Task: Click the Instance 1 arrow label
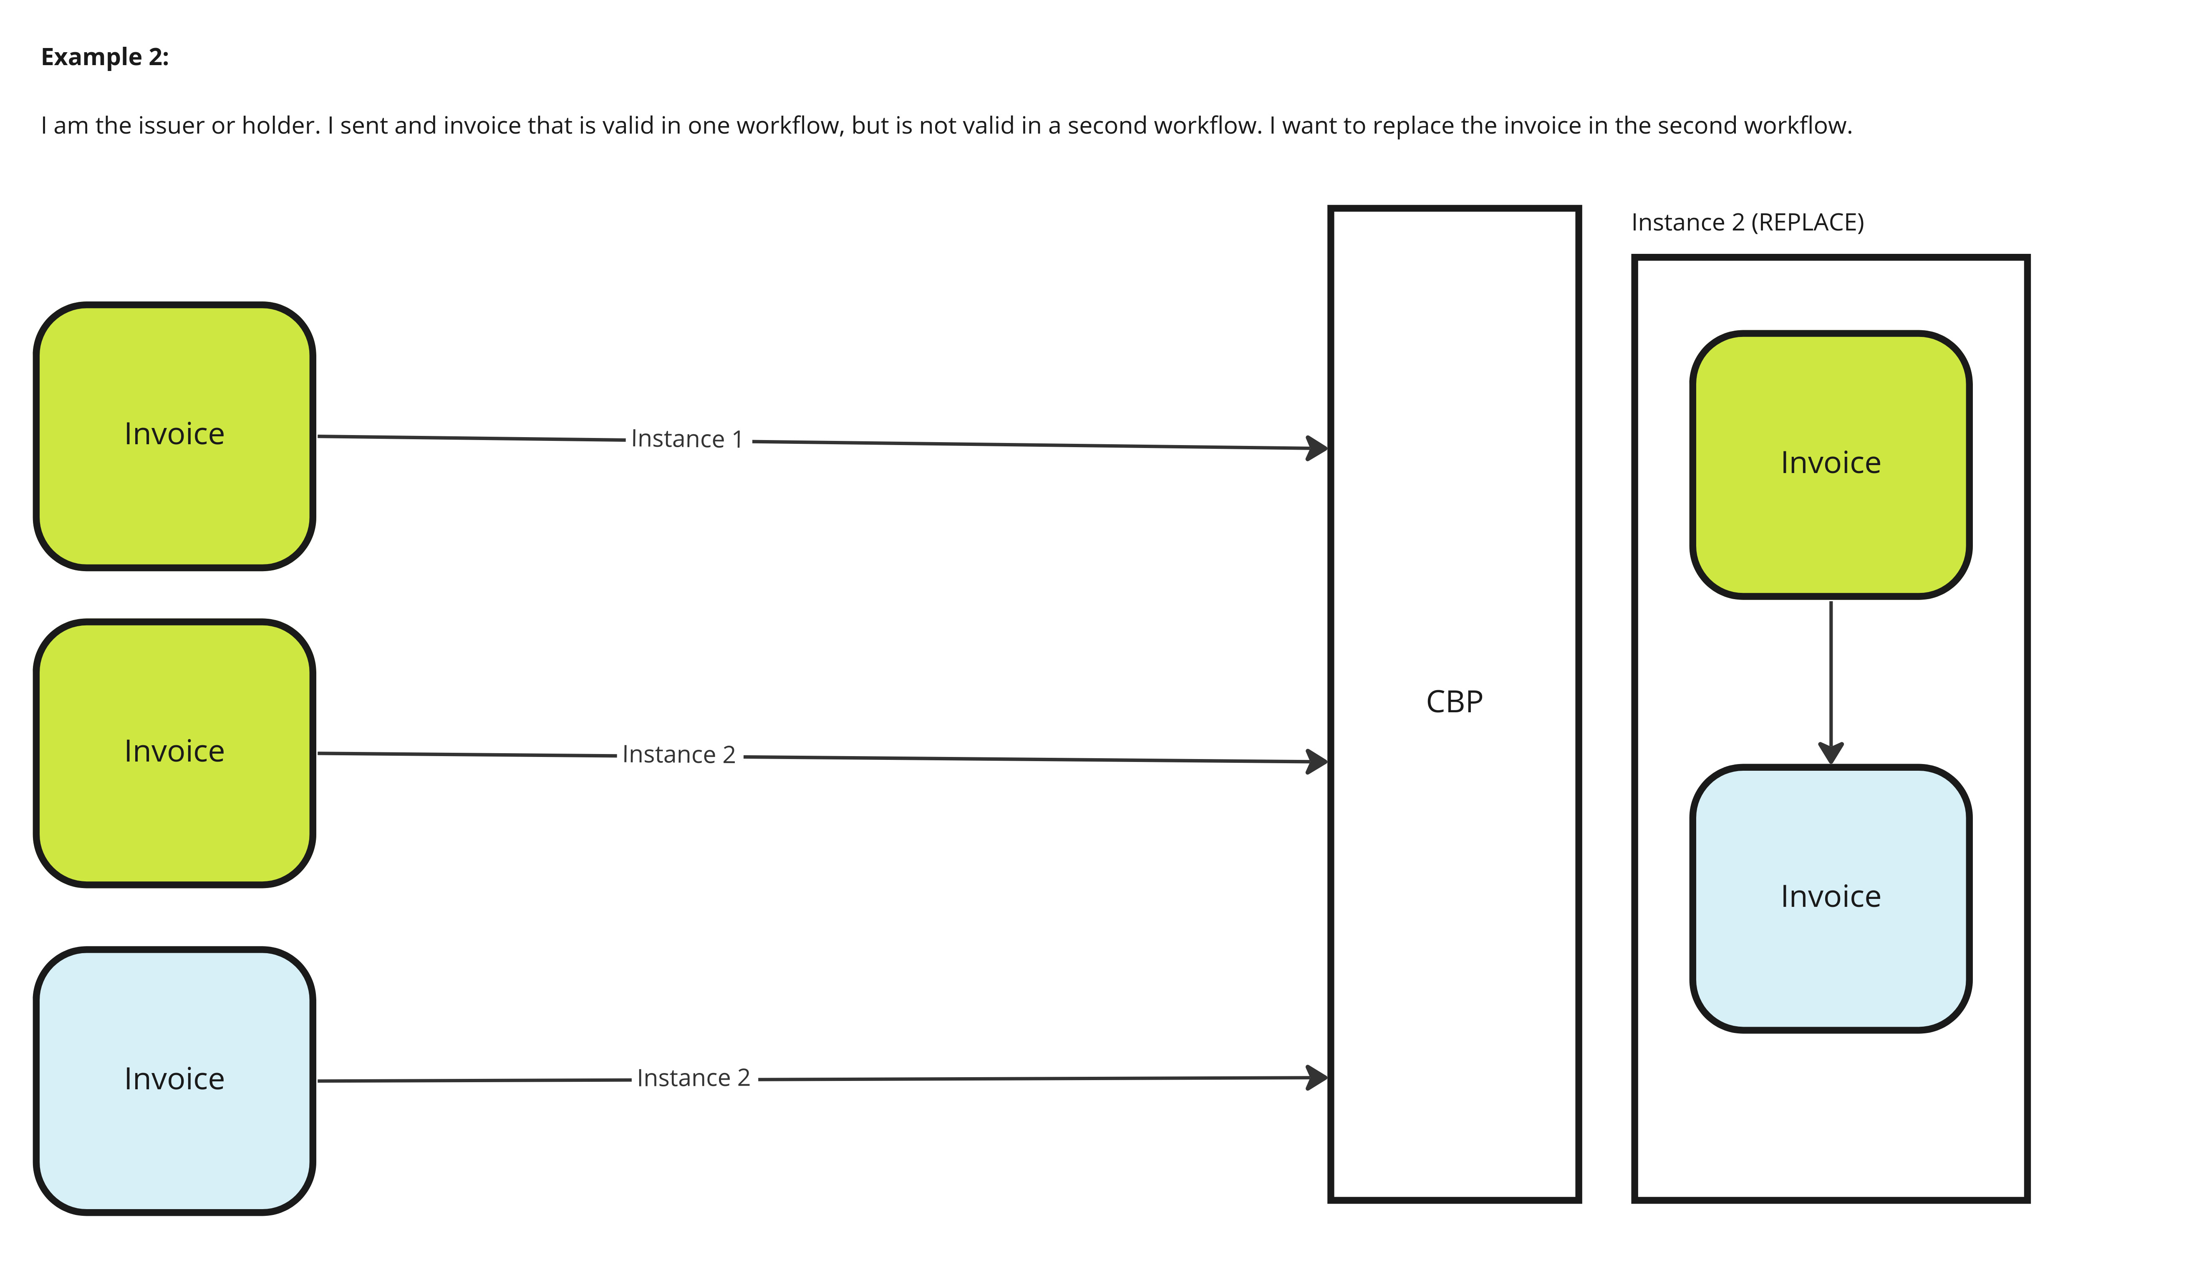pos(687,440)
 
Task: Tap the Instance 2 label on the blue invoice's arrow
pos(693,1078)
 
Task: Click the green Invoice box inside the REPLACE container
pos(1830,465)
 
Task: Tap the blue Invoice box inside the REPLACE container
pos(1830,898)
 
